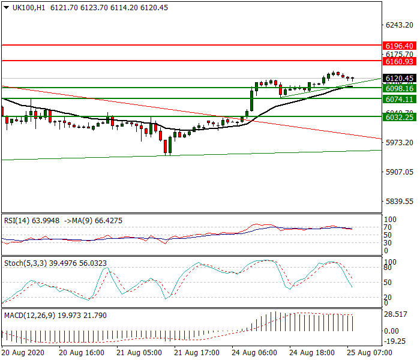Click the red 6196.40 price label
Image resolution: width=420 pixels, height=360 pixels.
tap(399, 46)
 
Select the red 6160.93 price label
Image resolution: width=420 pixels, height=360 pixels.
tap(399, 61)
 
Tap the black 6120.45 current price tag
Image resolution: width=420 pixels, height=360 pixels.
tap(399, 78)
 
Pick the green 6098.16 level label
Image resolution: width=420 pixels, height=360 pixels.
tap(399, 88)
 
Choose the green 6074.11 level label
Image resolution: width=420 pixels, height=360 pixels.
tap(399, 99)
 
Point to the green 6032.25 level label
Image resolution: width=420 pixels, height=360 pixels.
tap(399, 118)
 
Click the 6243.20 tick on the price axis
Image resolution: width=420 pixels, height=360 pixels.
tap(399, 25)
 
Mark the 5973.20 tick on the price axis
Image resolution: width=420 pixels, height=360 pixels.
tap(399, 142)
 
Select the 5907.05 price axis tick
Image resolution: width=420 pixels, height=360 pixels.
tap(399, 172)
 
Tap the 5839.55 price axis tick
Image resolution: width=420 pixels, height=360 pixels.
tap(399, 202)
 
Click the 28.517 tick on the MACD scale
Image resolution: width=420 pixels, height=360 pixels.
tap(397, 314)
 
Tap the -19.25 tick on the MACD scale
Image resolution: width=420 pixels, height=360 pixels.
tap(397, 342)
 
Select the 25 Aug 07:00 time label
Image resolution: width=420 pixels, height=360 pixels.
tap(369, 353)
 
